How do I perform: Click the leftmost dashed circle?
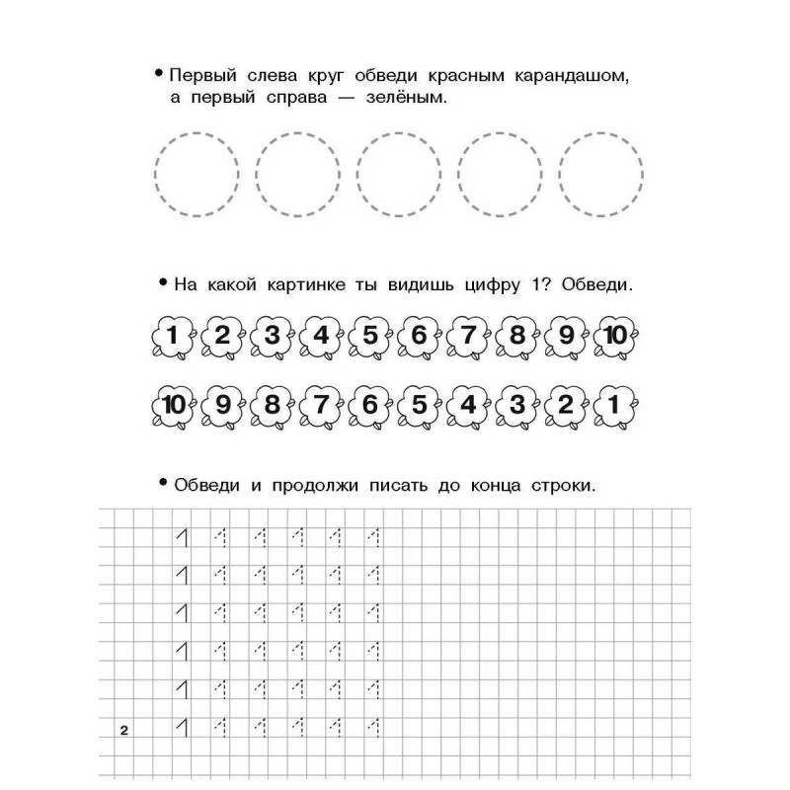coord(197,175)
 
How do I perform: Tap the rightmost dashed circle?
coord(601,175)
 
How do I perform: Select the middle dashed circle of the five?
coord(399,175)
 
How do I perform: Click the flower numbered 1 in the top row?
coord(173,337)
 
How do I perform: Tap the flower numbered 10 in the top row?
coord(614,337)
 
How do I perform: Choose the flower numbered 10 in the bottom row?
coord(173,404)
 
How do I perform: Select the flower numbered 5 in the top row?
coord(369,337)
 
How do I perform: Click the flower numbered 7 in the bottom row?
coord(320,404)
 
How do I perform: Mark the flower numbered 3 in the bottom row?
coord(516,404)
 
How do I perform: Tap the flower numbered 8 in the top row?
coord(516,337)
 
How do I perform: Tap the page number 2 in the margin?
coord(124,731)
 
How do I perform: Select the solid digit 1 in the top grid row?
coord(181,537)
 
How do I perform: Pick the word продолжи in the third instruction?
coord(293,487)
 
